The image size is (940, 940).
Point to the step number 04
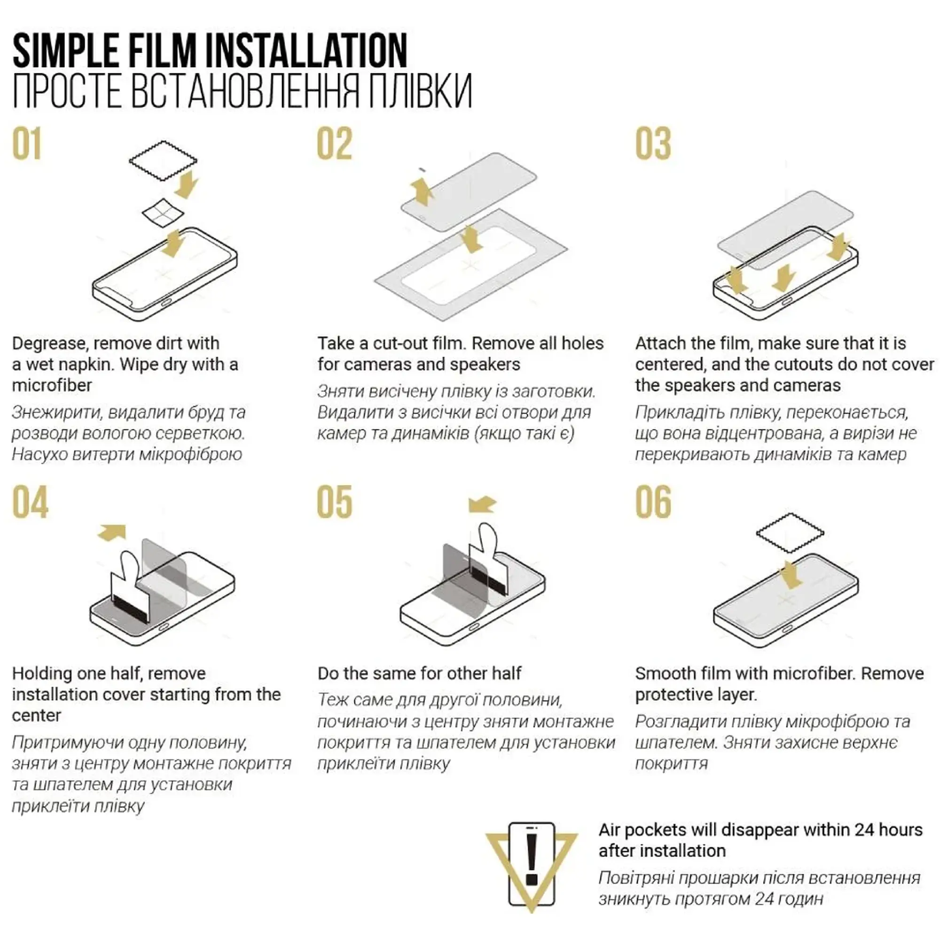click(x=30, y=502)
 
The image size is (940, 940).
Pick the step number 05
click(x=334, y=502)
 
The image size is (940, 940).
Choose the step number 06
click(x=653, y=502)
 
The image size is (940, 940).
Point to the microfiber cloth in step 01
click(x=163, y=160)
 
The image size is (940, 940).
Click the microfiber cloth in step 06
click(x=790, y=533)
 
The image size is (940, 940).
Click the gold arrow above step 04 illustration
click(x=112, y=533)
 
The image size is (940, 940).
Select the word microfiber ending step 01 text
click(x=52, y=385)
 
